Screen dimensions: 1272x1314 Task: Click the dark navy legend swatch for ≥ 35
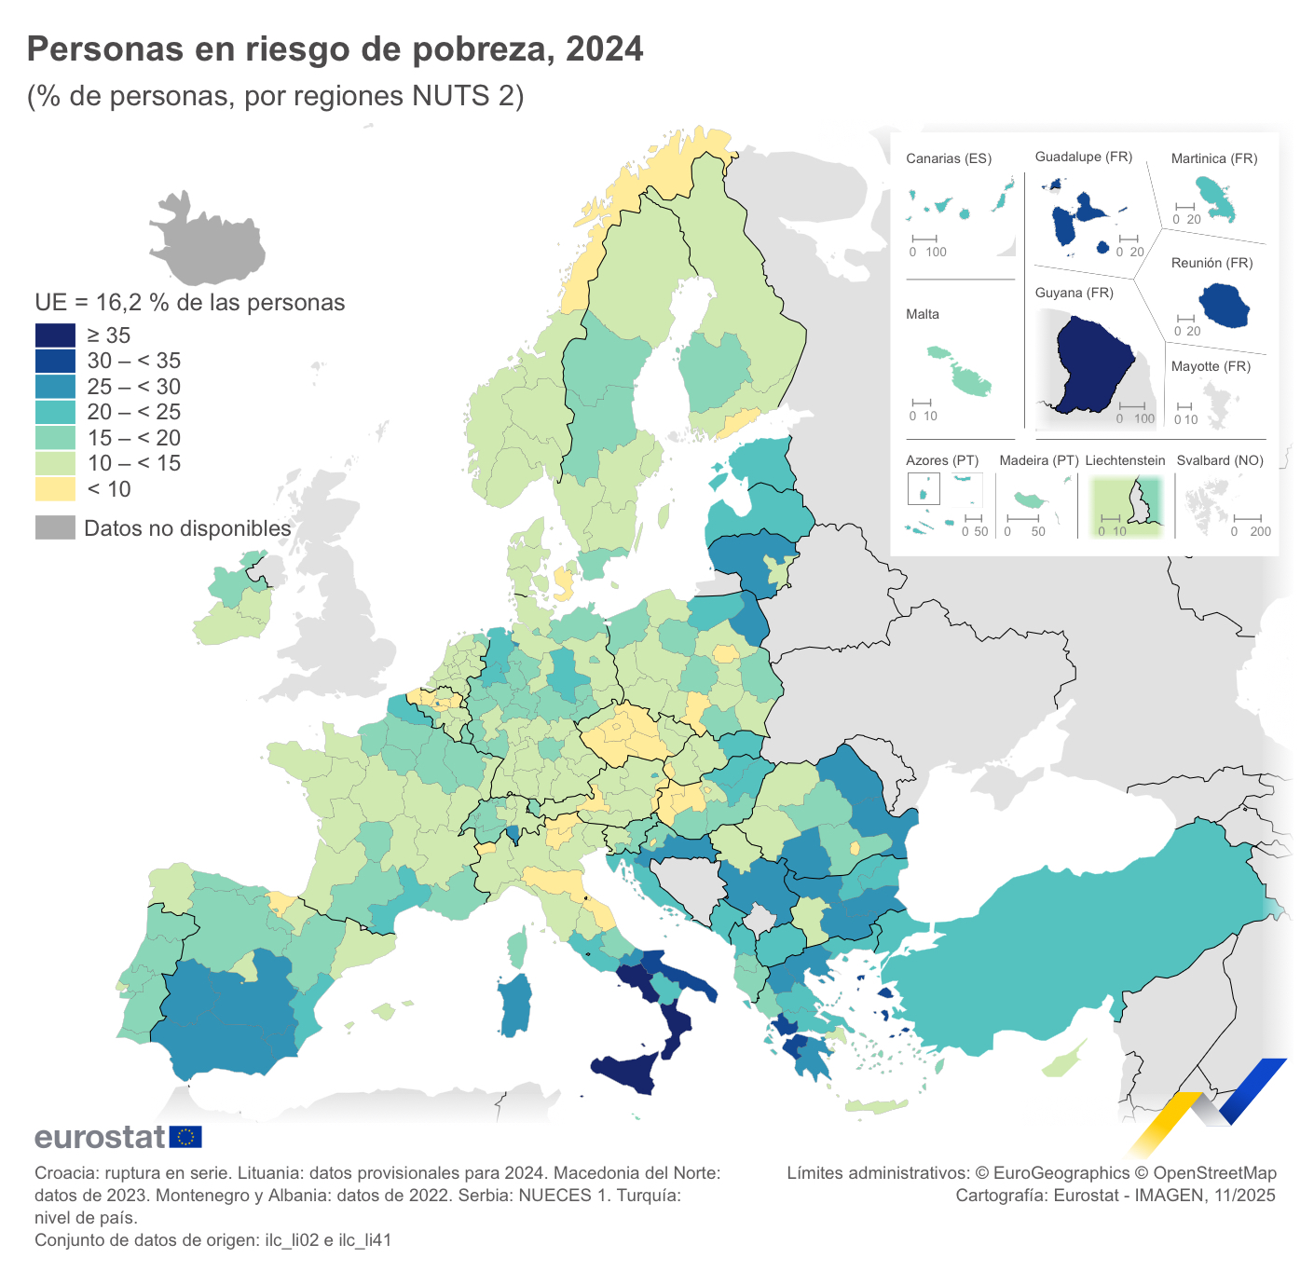click(55, 335)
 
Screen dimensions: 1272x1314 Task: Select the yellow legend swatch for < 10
click(55, 489)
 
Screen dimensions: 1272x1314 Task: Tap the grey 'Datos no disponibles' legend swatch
click(55, 527)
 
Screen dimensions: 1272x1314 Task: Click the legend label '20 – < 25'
click(133, 412)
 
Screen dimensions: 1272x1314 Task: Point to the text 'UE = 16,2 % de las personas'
click(190, 303)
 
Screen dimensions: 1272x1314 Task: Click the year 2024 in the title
click(604, 49)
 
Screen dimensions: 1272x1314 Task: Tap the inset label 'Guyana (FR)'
click(1074, 293)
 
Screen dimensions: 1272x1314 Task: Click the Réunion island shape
click(1224, 306)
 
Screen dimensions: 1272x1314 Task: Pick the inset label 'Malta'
click(923, 314)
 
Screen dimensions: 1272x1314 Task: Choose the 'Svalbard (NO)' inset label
click(1220, 460)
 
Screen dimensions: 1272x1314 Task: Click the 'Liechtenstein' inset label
click(1125, 460)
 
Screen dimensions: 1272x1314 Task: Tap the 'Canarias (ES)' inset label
click(949, 158)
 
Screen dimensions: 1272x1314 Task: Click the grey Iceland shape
click(208, 240)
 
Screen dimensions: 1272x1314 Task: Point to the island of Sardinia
click(514, 1005)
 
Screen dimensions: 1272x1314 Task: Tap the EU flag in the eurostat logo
click(185, 1137)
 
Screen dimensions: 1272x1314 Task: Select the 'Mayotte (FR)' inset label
click(1210, 366)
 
